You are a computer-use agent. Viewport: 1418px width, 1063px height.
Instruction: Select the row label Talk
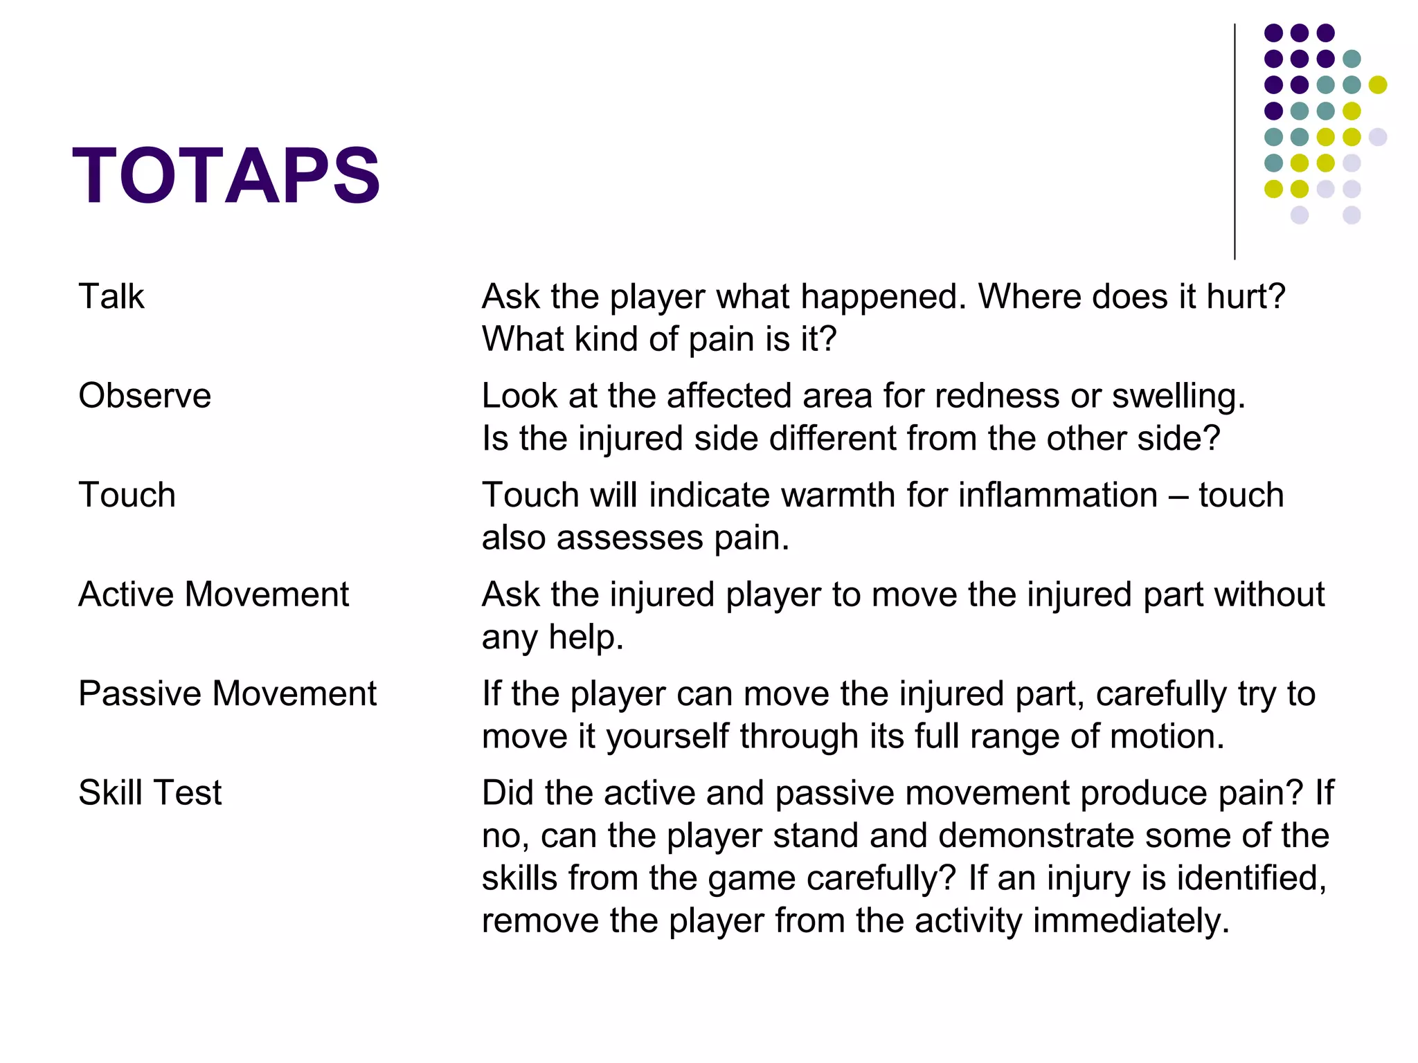(111, 297)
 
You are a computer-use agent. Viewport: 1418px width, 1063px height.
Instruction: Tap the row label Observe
(145, 396)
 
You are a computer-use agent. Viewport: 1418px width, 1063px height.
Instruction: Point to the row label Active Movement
(213, 594)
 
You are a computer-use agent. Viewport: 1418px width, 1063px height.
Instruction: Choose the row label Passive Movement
(227, 693)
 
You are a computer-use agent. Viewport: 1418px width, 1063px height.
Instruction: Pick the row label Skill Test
(150, 792)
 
